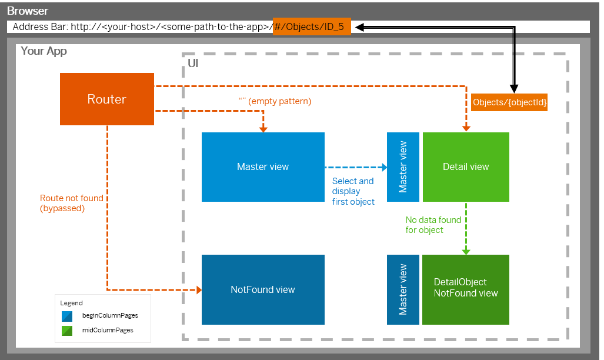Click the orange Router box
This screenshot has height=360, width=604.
coord(107,99)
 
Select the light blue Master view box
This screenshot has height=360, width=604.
coord(263,167)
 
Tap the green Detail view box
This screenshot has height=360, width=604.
coord(466,167)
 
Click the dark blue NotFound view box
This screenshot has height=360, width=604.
coord(263,289)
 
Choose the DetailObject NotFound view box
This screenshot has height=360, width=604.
coord(466,289)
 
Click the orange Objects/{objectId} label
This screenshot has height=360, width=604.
coord(509,102)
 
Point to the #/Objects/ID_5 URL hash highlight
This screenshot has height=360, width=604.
coord(312,26)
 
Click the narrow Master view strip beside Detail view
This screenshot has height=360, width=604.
coord(403,167)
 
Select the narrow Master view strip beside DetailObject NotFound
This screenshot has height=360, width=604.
coord(403,289)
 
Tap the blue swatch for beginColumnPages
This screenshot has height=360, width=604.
coord(67,316)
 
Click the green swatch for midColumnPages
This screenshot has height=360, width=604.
coord(67,331)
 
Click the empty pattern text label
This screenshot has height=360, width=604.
coord(275,101)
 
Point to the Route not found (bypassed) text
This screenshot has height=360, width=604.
coord(72,203)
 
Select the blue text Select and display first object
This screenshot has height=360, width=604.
coord(353,191)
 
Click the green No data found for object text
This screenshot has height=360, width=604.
coord(433,225)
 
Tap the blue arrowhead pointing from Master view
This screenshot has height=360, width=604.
coord(385,167)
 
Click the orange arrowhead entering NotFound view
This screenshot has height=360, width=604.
coord(199,290)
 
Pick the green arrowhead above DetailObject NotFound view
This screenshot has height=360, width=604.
coord(466,252)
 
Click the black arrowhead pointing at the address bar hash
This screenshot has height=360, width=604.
coord(359,27)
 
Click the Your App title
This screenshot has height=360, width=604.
coord(44,51)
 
